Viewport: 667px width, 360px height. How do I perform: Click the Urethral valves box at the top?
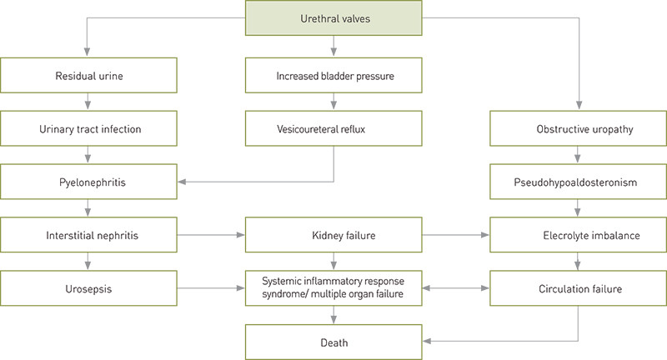[x=333, y=18]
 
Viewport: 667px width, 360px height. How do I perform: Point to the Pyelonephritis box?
[x=88, y=181]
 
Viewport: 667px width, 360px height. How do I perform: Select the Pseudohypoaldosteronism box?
[x=578, y=181]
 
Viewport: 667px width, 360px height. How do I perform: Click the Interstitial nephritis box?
[x=88, y=235]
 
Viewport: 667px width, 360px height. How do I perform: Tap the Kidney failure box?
[x=333, y=235]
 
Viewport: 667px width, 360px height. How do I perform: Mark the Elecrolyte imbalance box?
[x=578, y=235]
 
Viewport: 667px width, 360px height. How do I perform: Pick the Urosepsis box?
[x=88, y=288]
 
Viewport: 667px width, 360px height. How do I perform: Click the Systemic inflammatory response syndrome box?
[x=333, y=288]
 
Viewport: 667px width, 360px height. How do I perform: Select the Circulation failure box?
[x=578, y=288]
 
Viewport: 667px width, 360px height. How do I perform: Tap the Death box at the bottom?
[x=333, y=342]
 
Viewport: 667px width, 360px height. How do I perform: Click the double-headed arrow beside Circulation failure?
[x=456, y=288]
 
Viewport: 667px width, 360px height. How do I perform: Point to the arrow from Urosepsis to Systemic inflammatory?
[x=211, y=288]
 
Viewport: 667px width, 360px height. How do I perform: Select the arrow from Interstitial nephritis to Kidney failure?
[x=211, y=235]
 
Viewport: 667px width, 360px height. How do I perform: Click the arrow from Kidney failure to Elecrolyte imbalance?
[x=456, y=235]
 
